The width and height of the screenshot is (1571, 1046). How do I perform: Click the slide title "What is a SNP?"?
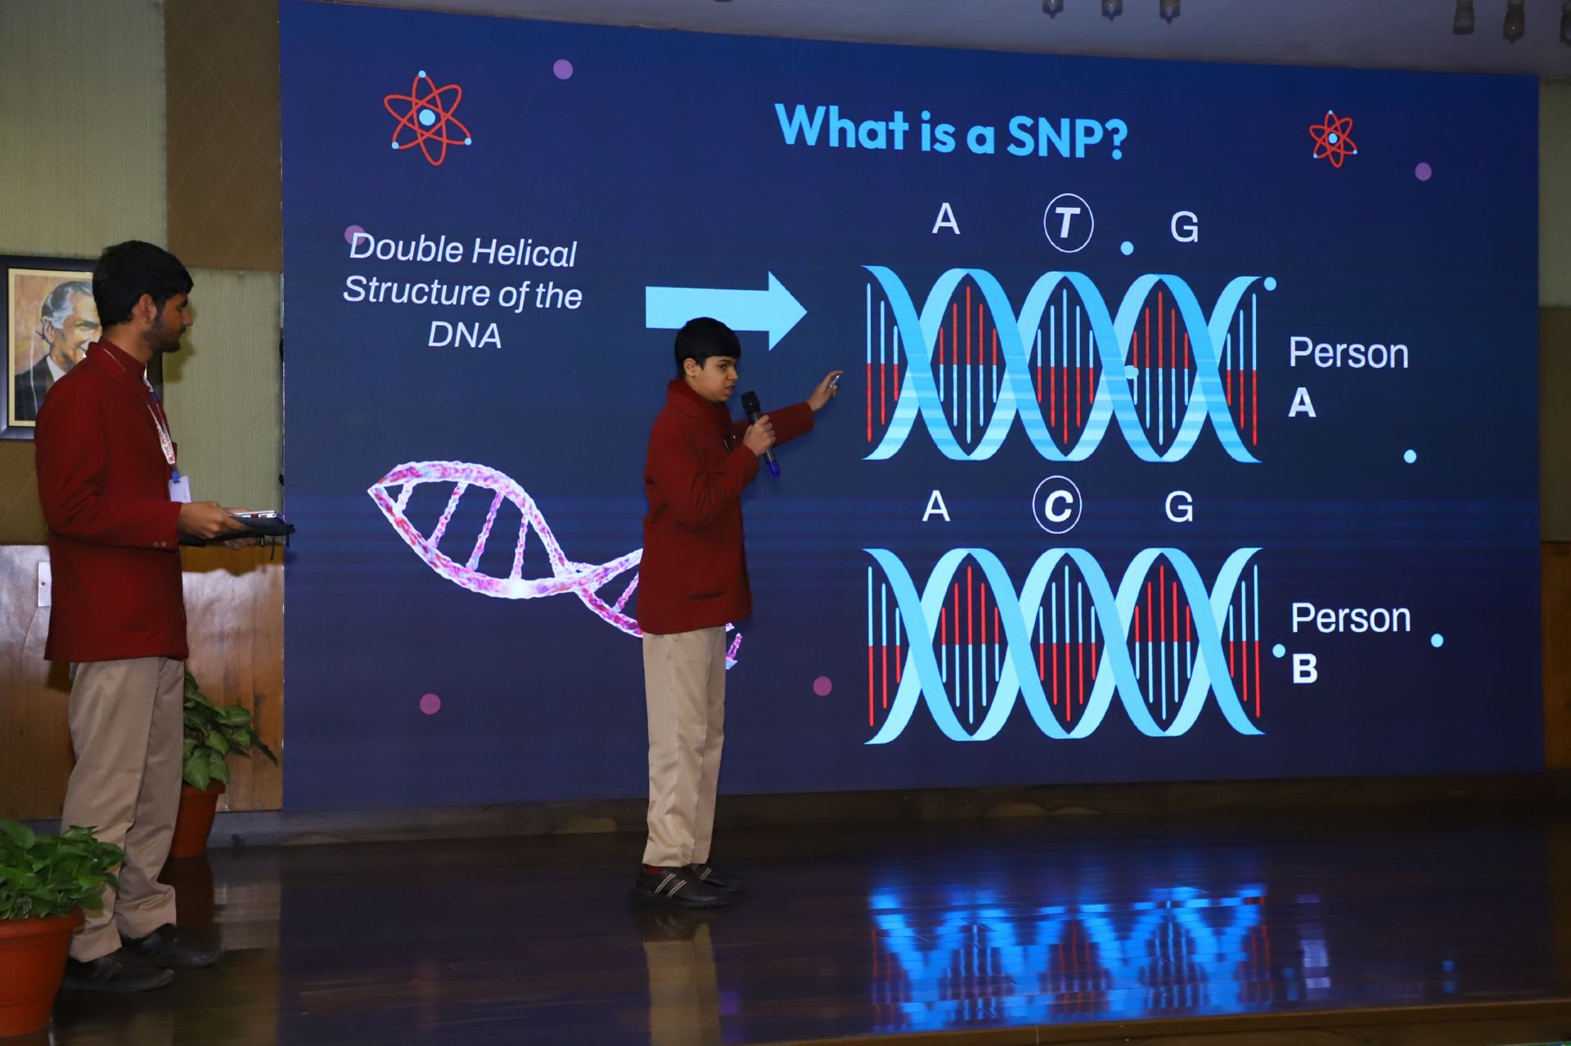(951, 130)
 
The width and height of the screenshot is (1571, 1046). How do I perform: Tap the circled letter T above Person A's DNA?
(1068, 222)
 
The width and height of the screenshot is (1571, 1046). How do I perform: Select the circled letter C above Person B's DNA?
(1056, 505)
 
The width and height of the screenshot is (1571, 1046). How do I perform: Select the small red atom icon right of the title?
(1332, 139)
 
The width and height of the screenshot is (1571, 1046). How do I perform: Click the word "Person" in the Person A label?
(1348, 354)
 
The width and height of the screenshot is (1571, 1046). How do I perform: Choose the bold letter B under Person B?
(1304, 668)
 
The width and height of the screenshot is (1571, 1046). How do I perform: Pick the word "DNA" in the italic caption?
(464, 335)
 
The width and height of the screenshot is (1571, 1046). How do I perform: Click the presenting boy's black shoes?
(687, 884)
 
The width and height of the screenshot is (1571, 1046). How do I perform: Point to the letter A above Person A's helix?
(946, 219)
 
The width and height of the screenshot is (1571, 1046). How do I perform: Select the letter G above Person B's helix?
(1178, 507)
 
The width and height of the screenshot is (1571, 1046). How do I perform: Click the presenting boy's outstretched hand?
(824, 390)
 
